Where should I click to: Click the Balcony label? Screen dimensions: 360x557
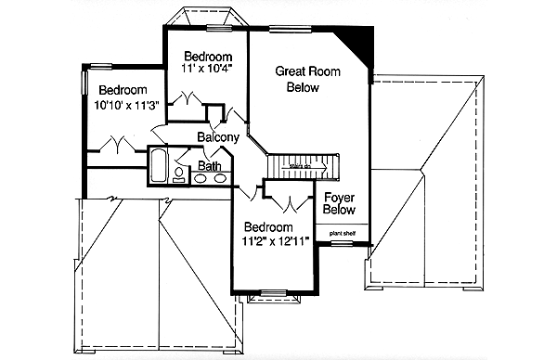pyautogui.click(x=218, y=137)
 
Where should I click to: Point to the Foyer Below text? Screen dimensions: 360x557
pyautogui.click(x=340, y=203)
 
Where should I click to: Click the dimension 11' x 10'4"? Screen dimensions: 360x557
pyautogui.click(x=206, y=67)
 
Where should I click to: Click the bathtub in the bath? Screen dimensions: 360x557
pyautogui.click(x=158, y=167)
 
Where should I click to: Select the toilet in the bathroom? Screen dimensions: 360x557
pyautogui.click(x=178, y=169)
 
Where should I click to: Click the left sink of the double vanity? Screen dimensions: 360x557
pyautogui.click(x=199, y=178)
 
